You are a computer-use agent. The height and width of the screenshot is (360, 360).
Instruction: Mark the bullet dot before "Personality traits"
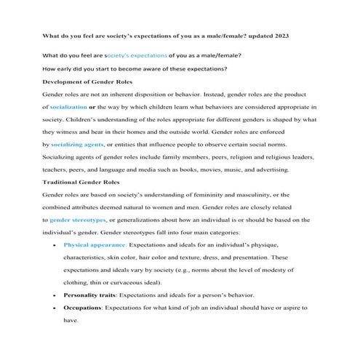(49, 296)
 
